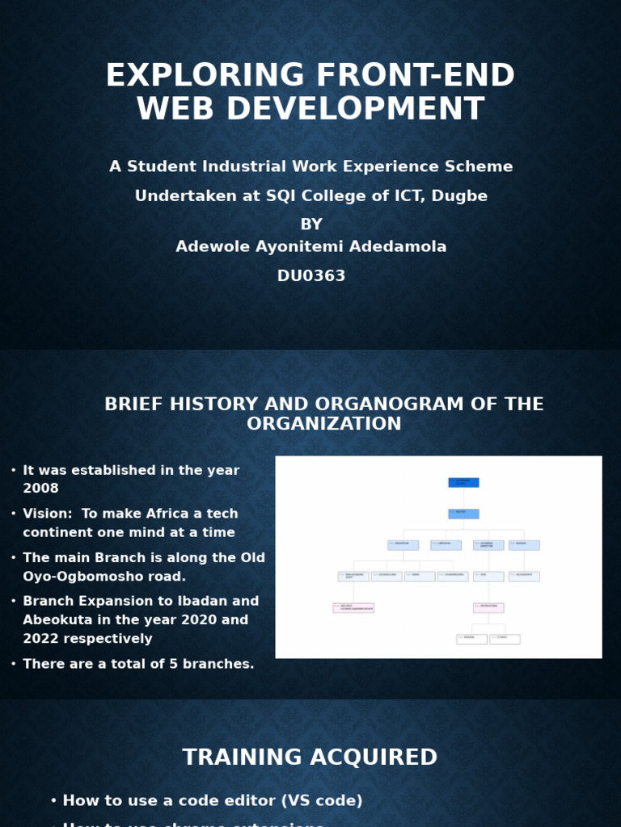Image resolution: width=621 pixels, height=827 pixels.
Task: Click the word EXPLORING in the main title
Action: (206, 76)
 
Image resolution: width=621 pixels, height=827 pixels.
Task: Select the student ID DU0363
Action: (311, 276)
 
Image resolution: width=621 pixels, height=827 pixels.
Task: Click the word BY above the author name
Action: (311, 225)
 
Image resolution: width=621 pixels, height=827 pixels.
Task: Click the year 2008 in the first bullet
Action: (40, 489)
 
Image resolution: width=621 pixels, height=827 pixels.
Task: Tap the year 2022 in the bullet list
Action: (40, 639)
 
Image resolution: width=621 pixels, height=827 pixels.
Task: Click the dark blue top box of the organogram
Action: (463, 482)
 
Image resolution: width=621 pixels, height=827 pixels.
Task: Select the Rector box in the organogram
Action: (463, 514)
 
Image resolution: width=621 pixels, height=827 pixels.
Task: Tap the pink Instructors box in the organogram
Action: (488, 607)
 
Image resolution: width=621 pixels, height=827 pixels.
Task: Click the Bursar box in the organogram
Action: (524, 545)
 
